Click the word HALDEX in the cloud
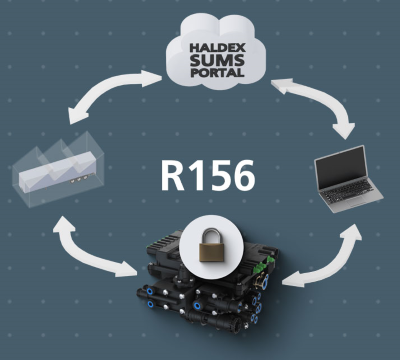click(217, 48)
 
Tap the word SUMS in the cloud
click(217, 60)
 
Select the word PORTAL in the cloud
click(217, 72)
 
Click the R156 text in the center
click(208, 175)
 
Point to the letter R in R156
click(173, 175)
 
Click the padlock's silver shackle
click(211, 235)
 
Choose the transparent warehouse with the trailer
click(58, 169)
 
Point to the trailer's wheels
click(78, 180)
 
